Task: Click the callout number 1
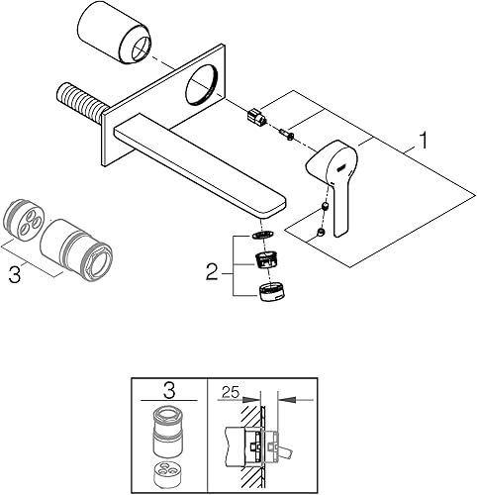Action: coord(423,140)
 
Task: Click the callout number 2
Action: coord(212,271)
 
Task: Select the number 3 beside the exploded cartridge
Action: coord(15,273)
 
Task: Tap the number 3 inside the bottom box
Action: coord(169,391)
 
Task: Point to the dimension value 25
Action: coord(231,392)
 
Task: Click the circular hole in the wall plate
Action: coord(202,84)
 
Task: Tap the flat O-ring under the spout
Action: coord(262,235)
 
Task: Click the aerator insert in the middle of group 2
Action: coord(267,260)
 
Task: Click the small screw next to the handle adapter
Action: coord(285,135)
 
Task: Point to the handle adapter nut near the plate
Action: coord(256,116)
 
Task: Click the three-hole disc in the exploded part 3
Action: coord(25,219)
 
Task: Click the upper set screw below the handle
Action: coord(325,208)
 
